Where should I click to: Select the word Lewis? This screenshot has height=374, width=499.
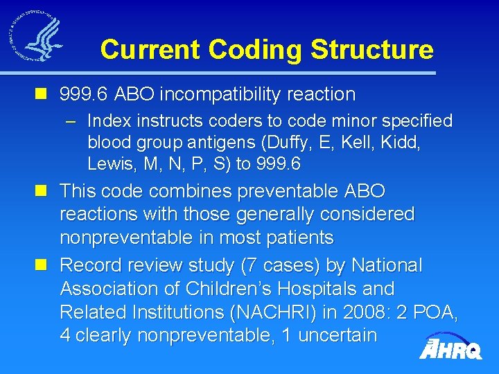[108, 164]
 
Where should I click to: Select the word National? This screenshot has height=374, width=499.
[387, 265]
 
